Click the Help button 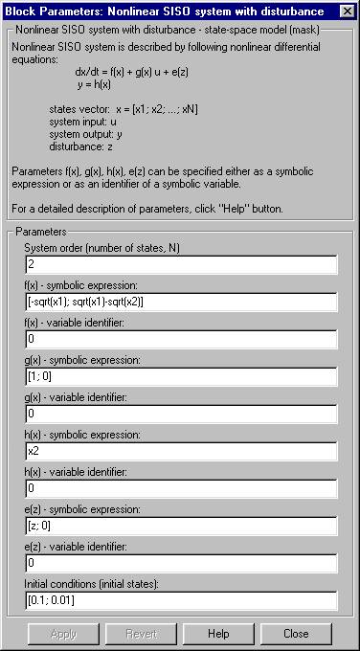218,633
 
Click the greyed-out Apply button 63,633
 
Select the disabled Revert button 141,633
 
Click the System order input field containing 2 181,264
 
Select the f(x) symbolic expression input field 181,302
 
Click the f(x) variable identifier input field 181,339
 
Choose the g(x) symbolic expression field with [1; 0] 181,376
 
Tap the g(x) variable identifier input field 181,414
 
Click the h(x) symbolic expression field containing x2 181,451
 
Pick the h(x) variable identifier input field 181,488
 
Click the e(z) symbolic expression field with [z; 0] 181,526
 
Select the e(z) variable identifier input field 181,563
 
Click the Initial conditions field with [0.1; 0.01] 181,600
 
